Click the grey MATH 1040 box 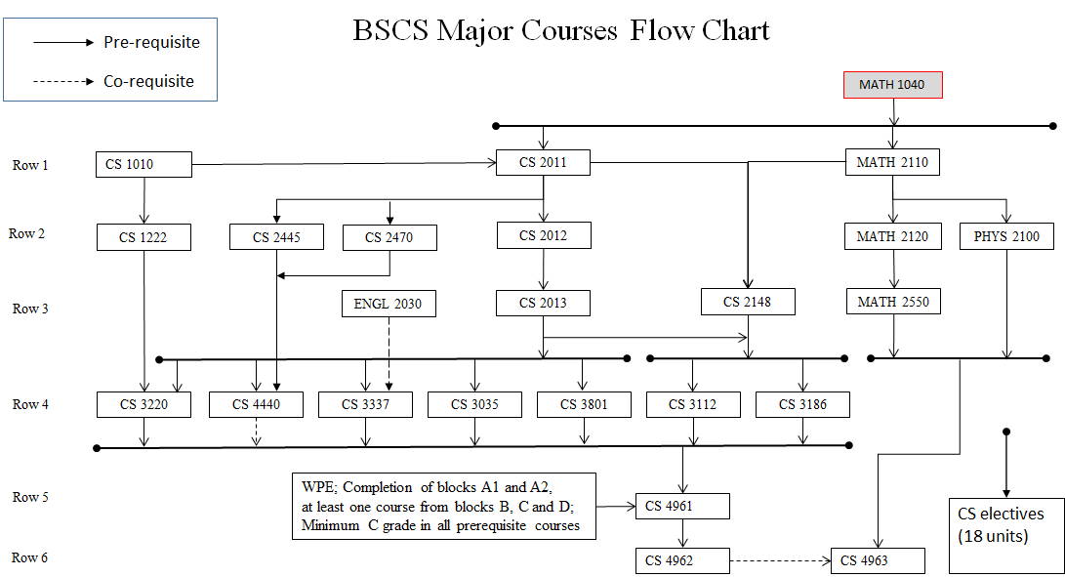pyautogui.click(x=892, y=85)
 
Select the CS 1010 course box pyautogui.click(x=143, y=164)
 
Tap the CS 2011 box pyautogui.click(x=543, y=162)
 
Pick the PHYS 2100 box pyautogui.click(x=1006, y=236)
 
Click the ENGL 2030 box pyautogui.click(x=389, y=304)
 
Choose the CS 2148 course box pyautogui.click(x=748, y=302)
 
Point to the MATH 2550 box pyautogui.click(x=893, y=302)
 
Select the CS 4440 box pyautogui.click(x=256, y=404)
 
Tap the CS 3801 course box pyautogui.click(x=583, y=404)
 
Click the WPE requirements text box pyautogui.click(x=441, y=506)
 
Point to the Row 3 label pyautogui.click(x=30, y=309)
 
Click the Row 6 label pyautogui.click(x=30, y=557)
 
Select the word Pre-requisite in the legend pyautogui.click(x=151, y=42)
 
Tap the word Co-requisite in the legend pyautogui.click(x=148, y=81)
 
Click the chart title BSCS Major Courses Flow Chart pyautogui.click(x=561, y=30)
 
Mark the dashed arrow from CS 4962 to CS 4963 pyautogui.click(x=780, y=560)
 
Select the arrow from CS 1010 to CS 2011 pyautogui.click(x=342, y=164)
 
